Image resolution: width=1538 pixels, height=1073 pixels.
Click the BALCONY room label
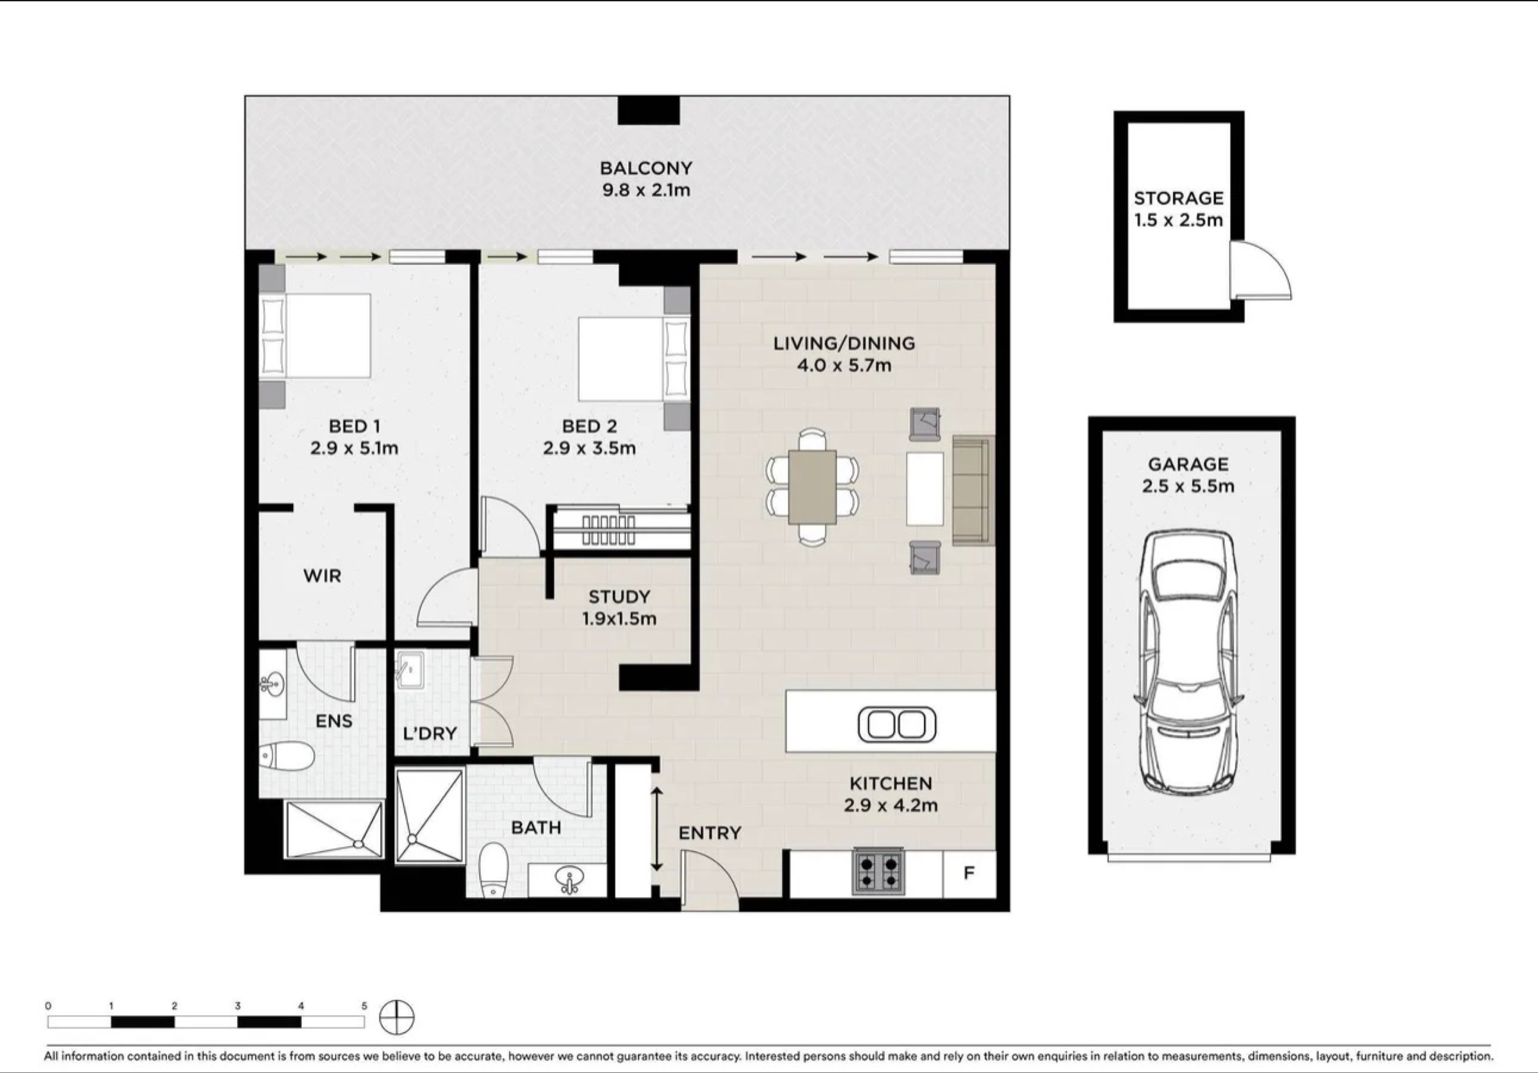click(x=646, y=168)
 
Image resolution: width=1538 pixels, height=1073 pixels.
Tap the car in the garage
click(x=1189, y=661)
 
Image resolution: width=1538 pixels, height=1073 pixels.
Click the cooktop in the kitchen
click(x=878, y=871)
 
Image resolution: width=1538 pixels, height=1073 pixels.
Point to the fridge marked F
click(x=969, y=873)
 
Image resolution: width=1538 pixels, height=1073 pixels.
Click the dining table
click(x=813, y=487)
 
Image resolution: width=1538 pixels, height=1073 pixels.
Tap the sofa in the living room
click(x=973, y=491)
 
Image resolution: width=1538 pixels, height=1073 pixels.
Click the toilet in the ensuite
click(x=287, y=756)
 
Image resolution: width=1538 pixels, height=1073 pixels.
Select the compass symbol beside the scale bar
click(x=397, y=1018)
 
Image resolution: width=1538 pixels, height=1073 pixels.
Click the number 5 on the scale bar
click(x=364, y=1005)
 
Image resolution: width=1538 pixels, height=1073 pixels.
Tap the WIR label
click(x=322, y=576)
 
